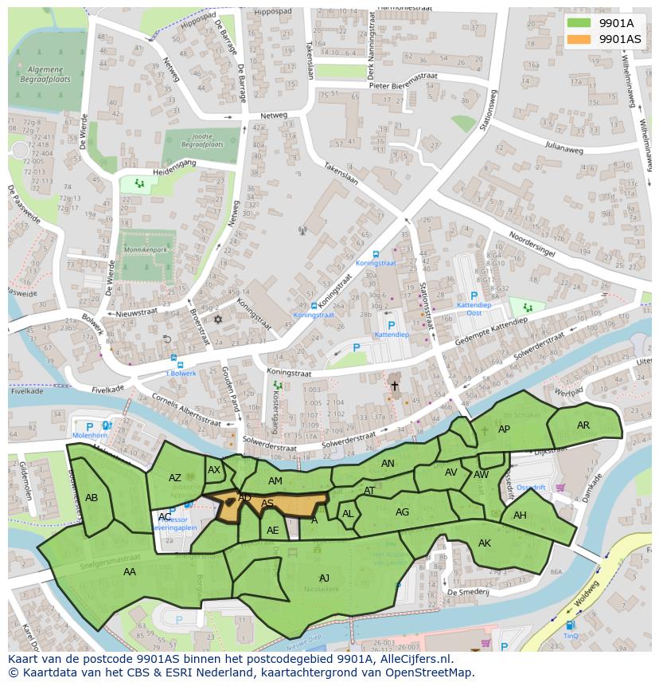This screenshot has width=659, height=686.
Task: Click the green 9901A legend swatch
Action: tap(579, 23)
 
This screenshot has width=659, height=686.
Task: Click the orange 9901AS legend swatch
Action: tap(579, 39)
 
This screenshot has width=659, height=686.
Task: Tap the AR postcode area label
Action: tap(583, 425)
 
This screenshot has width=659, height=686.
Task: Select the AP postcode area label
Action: tap(504, 429)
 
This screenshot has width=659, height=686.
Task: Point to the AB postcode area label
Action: tap(92, 498)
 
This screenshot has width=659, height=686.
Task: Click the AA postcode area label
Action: tap(130, 571)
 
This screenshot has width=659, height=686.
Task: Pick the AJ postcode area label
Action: tap(324, 578)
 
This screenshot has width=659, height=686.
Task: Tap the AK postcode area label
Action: tap(485, 543)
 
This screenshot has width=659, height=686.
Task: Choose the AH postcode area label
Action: tap(520, 515)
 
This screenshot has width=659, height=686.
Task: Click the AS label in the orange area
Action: tap(267, 504)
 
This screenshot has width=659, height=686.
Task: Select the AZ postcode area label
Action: tap(175, 478)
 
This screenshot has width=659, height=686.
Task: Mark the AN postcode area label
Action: tap(388, 464)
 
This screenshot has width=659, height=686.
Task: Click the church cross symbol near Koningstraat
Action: tap(394, 386)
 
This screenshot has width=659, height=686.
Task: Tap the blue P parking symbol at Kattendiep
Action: tap(390, 325)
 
